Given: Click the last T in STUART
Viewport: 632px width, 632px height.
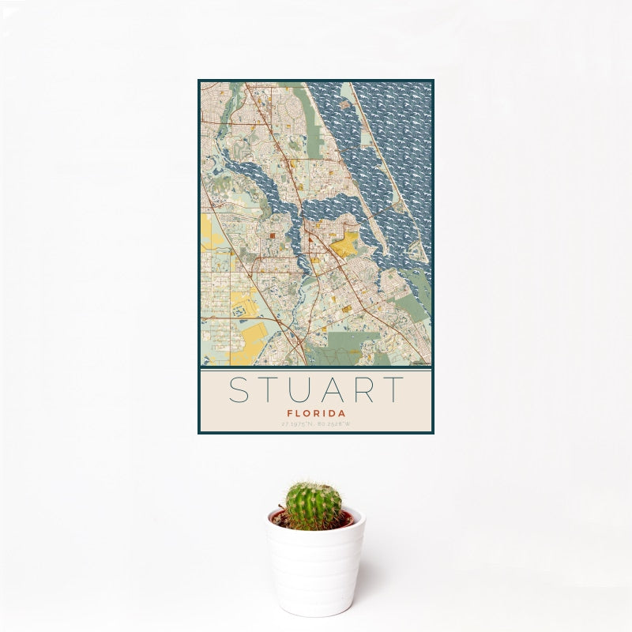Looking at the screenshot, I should pyautogui.click(x=394, y=390).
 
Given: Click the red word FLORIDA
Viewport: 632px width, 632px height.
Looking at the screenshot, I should pyautogui.click(x=316, y=412).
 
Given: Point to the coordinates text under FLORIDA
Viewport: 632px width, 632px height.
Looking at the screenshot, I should pyautogui.click(x=316, y=424).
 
